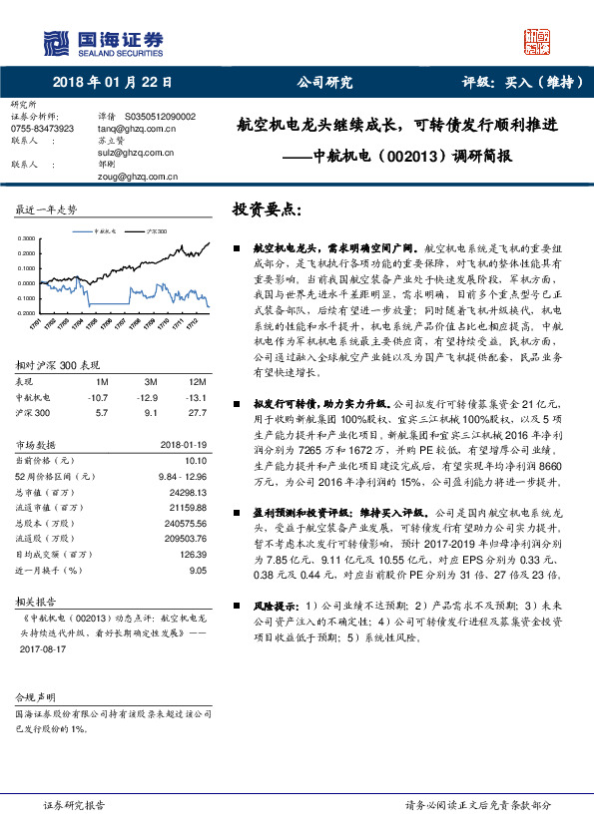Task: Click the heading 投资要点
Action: point(266,210)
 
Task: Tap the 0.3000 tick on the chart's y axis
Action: point(26,238)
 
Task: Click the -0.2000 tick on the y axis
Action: point(25,312)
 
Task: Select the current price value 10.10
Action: point(196,460)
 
